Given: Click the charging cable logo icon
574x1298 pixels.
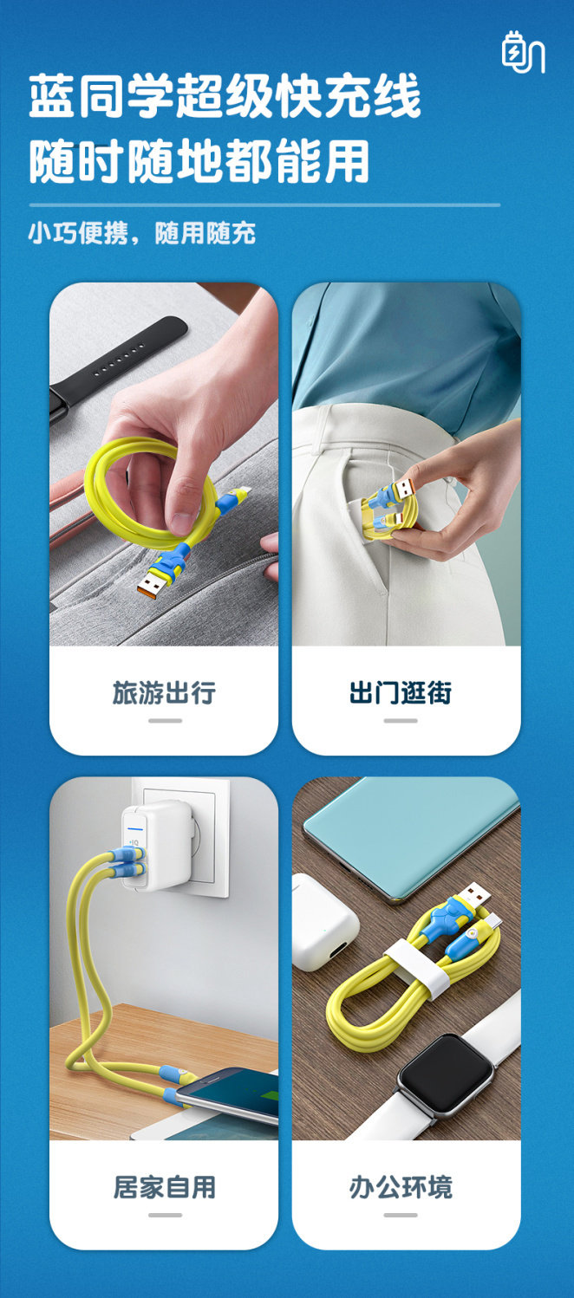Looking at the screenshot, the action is [523, 52].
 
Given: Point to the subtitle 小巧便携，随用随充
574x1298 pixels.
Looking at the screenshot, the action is [142, 233].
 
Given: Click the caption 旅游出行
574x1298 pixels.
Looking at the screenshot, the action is [165, 692].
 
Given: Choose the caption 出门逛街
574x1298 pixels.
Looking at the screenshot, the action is [401, 692].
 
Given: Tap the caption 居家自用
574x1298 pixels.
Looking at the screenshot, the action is [165, 1187].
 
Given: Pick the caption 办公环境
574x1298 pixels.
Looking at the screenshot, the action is [401, 1187].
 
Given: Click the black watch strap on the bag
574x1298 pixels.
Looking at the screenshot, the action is [117, 365].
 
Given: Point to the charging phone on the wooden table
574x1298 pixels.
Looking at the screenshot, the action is [229, 1093].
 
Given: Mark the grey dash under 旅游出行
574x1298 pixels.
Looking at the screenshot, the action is [166, 721].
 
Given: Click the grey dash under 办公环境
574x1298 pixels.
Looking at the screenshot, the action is [401, 1215].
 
